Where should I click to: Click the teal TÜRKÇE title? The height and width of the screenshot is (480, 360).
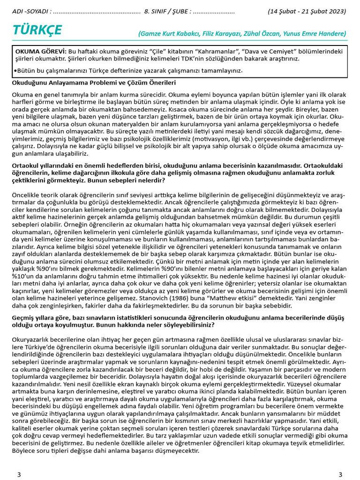[x=37, y=30]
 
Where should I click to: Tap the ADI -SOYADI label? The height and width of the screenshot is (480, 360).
[x=29, y=11]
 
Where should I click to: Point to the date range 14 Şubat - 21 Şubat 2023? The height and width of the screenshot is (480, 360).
[x=307, y=11]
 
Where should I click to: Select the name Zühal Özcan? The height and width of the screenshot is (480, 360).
[x=262, y=34]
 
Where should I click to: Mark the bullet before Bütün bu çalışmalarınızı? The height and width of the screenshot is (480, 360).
[x=15, y=71]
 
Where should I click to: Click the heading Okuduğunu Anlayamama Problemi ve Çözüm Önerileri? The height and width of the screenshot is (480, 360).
[x=94, y=83]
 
